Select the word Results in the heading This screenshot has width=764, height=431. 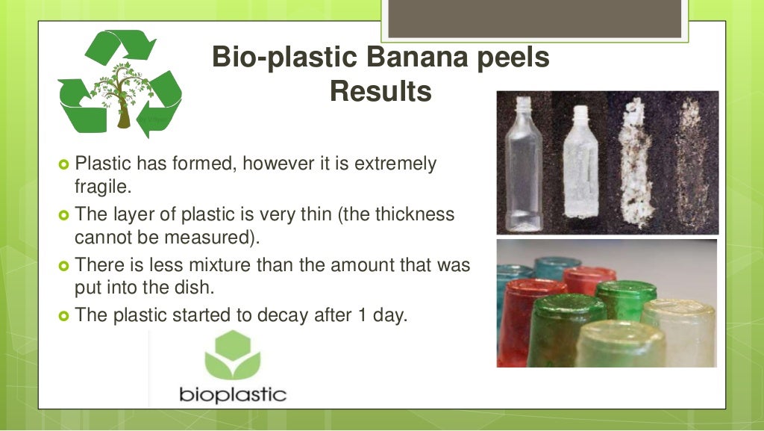click(x=380, y=92)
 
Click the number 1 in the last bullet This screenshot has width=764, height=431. click(x=355, y=314)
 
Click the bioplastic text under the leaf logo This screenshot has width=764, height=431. click(x=232, y=393)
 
